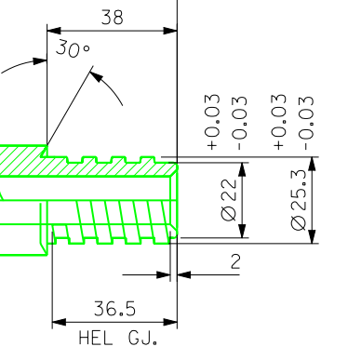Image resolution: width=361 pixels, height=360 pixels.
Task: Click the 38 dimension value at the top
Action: coord(113,18)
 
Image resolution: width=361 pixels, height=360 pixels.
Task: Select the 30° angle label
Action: coord(74,48)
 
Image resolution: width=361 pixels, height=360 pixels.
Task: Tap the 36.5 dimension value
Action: coord(114,309)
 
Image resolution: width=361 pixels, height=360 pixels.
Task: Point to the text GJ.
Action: coord(142,338)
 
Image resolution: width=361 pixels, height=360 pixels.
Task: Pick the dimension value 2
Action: coord(235,261)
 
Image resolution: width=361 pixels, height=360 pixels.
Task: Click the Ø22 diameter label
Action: coord(230,200)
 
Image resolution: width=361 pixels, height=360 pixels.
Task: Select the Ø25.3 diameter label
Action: coord(299,200)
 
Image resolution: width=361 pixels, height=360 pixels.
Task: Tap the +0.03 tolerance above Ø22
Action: coord(213,122)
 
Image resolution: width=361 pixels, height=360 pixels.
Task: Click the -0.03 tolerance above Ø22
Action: coord(240,123)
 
